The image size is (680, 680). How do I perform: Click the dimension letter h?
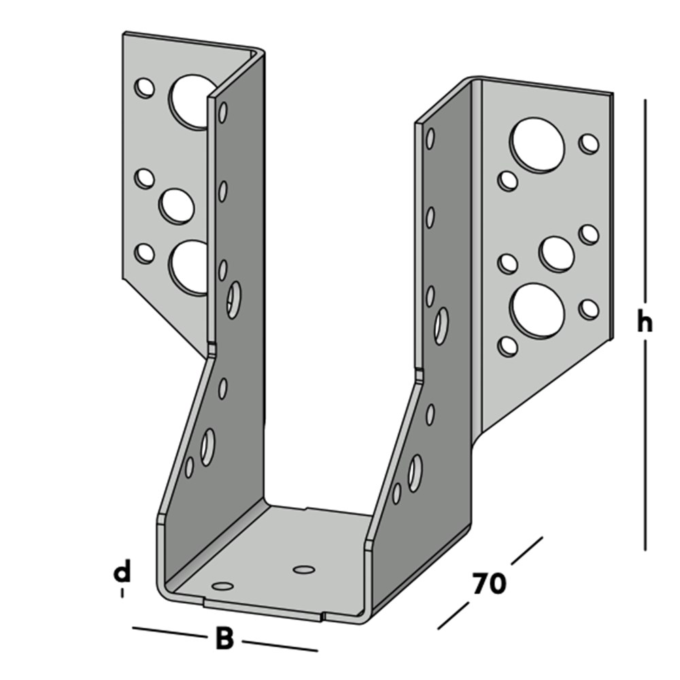645,322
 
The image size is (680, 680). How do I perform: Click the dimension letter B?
224,638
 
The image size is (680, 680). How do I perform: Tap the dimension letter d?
122,572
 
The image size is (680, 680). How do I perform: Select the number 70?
489,583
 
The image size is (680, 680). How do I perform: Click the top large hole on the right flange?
537,143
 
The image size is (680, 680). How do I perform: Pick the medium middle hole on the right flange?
556,254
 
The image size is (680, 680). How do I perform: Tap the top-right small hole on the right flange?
588,143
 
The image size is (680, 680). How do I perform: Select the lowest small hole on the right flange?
507,347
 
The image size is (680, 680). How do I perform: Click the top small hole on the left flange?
144,88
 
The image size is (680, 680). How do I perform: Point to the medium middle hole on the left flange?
177,207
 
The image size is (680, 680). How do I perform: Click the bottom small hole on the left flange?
144,254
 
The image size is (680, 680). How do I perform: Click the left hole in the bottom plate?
222,586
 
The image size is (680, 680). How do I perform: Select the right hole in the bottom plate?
304,569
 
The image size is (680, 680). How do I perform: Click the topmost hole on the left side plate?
222,112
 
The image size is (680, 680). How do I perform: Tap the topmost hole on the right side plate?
430,138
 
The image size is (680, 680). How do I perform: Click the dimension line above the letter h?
645,200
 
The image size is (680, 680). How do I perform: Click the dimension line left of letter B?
169,632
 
